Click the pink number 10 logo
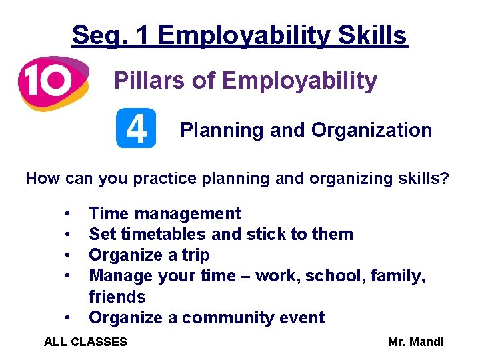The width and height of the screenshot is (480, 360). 53,82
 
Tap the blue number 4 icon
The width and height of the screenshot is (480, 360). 136,128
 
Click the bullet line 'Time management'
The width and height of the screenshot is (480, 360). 165,213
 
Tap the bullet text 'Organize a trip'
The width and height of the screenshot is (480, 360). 149,255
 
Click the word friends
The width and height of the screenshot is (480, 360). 117,297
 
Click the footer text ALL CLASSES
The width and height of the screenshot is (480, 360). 85,342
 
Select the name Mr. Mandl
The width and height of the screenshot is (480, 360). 415,342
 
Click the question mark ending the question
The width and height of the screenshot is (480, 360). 445,179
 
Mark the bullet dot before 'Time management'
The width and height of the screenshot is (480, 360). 68,214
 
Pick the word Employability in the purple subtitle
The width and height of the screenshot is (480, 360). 299,81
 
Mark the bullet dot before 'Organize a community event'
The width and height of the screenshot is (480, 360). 68,318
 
